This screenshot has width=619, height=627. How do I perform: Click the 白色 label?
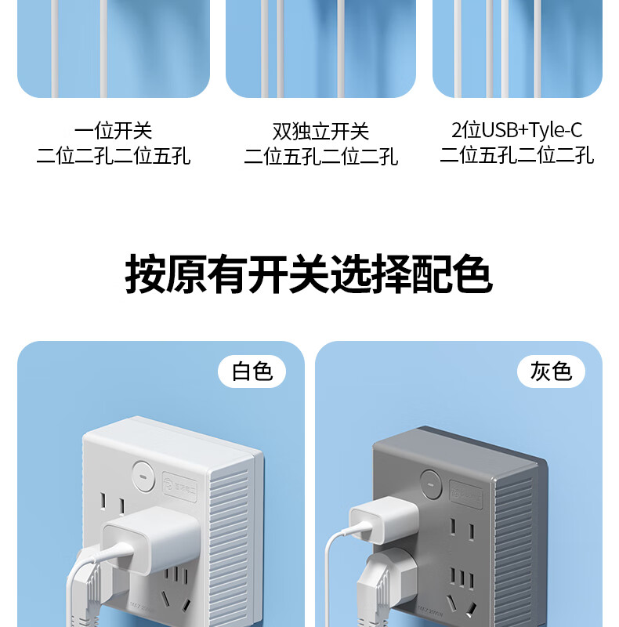252,371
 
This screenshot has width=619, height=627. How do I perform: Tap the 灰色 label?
551,371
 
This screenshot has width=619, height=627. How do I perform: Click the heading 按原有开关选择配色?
309,274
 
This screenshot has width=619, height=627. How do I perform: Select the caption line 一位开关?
114,130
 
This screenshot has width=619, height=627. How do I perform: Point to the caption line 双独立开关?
320,130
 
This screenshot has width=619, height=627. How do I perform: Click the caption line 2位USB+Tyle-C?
516,130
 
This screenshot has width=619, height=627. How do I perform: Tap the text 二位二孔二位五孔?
114,156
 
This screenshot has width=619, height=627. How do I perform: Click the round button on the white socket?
143,474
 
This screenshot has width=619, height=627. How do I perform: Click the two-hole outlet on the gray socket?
461,532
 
